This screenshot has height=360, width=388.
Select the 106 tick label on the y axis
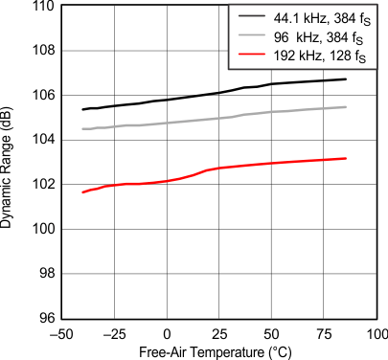point(43,96)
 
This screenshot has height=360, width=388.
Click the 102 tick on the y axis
point(43,185)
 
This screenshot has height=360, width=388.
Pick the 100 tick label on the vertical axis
point(43,230)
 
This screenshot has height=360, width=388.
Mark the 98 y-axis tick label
point(46,274)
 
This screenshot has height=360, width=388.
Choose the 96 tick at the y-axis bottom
point(46,319)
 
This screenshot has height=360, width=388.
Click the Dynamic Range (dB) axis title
point(11,163)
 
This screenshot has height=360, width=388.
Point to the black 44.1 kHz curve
point(220,92)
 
